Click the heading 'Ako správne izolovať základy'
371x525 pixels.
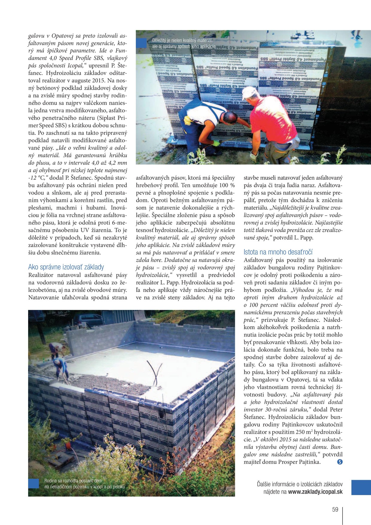[x=66, y=267]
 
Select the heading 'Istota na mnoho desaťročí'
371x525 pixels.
[x=278, y=252]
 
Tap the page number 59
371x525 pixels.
[x=335, y=509]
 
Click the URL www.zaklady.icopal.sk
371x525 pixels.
[x=315, y=492]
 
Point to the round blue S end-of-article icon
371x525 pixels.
[x=340, y=462]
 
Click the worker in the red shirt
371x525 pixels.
[x=272, y=123]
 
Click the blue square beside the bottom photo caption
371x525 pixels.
[x=34, y=483]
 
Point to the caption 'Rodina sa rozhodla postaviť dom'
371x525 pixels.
[x=73, y=481]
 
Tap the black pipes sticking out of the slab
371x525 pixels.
[x=155, y=372]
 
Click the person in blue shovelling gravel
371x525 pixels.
[x=61, y=369]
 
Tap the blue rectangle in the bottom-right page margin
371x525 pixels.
[x=361, y=488]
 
